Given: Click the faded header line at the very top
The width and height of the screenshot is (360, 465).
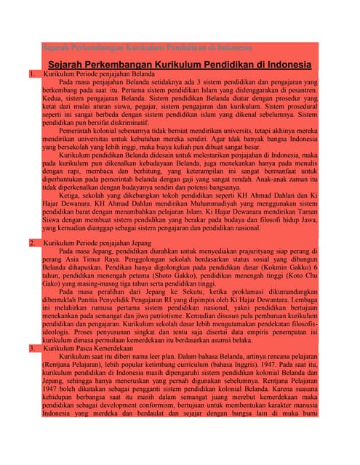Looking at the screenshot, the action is pyautogui.click(x=145, y=48).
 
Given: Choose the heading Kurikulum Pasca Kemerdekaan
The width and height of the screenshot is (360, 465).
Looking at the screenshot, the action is pyautogui.click(x=88, y=349).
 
